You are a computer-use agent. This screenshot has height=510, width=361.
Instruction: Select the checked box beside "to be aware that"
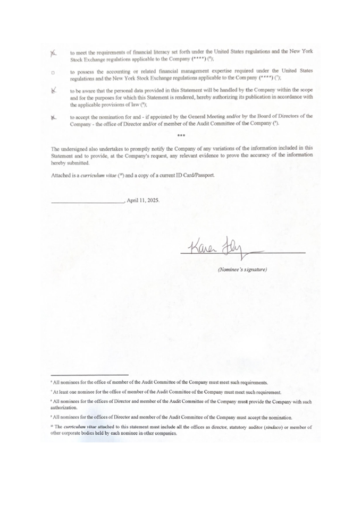[53, 91]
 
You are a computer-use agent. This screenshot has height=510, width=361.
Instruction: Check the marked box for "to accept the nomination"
[53, 116]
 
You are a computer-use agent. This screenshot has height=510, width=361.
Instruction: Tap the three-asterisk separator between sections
[181, 135]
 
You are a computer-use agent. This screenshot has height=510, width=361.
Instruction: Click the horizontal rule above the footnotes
[89, 375]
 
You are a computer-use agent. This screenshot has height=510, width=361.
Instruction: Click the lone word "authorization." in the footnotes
[64, 408]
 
